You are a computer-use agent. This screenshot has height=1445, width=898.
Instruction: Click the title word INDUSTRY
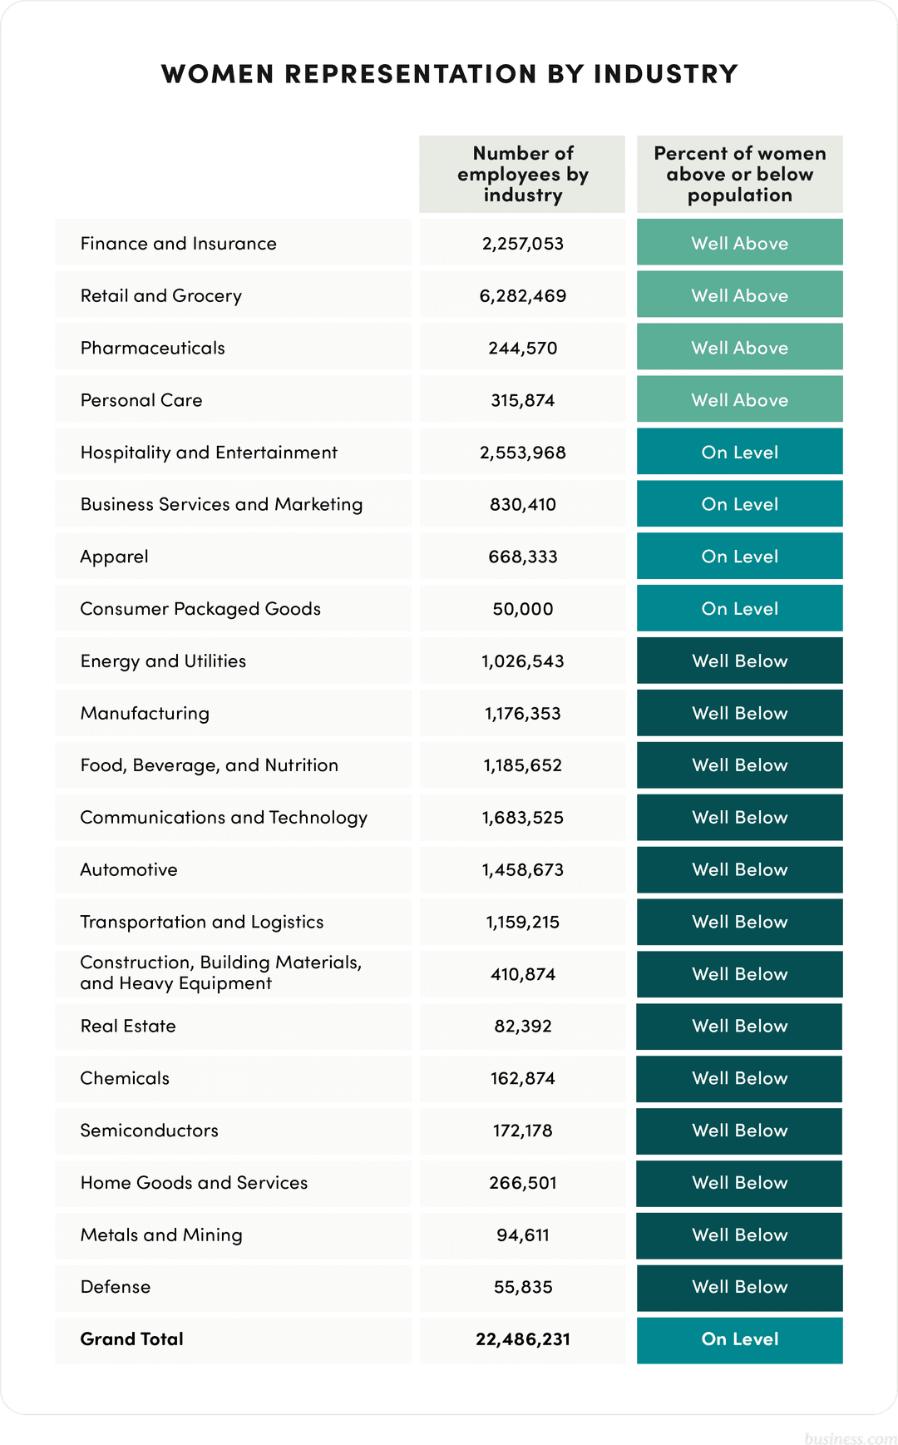point(665,74)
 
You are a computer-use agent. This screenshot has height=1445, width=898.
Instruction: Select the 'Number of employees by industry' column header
point(522,174)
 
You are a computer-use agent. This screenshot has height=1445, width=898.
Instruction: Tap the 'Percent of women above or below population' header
point(739,174)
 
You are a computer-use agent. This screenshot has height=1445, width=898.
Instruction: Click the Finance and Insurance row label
point(178,244)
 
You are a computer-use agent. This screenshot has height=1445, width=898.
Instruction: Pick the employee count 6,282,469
point(522,296)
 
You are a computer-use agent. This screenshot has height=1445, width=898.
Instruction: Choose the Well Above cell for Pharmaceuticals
point(739,348)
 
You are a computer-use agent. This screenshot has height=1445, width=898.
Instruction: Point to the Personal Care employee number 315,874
point(522,400)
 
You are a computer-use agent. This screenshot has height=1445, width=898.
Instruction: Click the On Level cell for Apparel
point(739,557)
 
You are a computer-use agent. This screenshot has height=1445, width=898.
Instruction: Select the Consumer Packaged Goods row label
point(200,609)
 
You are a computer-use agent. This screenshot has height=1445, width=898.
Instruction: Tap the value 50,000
point(522,609)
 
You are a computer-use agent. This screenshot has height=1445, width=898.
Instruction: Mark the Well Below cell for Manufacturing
point(739,713)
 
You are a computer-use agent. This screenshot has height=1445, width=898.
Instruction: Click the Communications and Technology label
point(224,818)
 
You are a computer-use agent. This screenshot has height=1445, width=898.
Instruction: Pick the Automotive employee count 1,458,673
point(522,870)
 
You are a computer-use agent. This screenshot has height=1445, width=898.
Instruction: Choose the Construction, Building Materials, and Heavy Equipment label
point(220,972)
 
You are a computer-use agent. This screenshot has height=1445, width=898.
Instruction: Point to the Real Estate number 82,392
point(522,1027)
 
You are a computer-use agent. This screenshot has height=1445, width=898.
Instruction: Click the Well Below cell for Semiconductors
point(739,1131)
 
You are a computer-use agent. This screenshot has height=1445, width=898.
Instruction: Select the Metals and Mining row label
point(161,1235)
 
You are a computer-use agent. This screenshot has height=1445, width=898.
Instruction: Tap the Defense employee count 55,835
point(522,1287)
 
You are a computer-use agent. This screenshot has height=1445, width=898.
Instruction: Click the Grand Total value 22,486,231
point(522,1339)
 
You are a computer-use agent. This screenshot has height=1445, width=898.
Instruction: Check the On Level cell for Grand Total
point(739,1339)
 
